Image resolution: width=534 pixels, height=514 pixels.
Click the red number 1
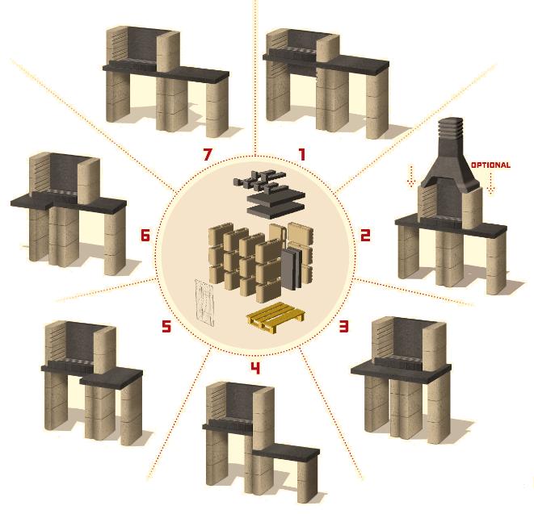click(x=301, y=154)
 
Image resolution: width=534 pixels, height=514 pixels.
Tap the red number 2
click(x=365, y=235)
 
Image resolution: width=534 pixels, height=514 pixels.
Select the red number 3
click(x=343, y=326)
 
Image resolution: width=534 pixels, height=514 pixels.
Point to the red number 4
click(x=255, y=368)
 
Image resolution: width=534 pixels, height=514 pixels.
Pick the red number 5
click(x=166, y=327)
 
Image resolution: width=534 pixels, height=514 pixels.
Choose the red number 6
click(x=145, y=235)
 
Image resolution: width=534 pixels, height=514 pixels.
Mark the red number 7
click(x=208, y=154)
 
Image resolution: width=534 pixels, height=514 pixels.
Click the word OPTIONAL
click(x=490, y=165)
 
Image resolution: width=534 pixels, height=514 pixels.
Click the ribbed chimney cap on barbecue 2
click(x=451, y=128)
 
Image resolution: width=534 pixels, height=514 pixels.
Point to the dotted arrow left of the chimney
click(x=410, y=176)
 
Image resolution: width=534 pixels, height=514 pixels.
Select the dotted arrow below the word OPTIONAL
click(x=490, y=184)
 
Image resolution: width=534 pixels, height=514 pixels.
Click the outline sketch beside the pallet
click(x=204, y=303)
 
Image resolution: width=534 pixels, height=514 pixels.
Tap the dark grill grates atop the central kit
click(x=259, y=180)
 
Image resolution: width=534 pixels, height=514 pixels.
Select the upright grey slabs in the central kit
click(x=292, y=269)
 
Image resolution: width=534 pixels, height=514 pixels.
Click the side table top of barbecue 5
click(x=111, y=378)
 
